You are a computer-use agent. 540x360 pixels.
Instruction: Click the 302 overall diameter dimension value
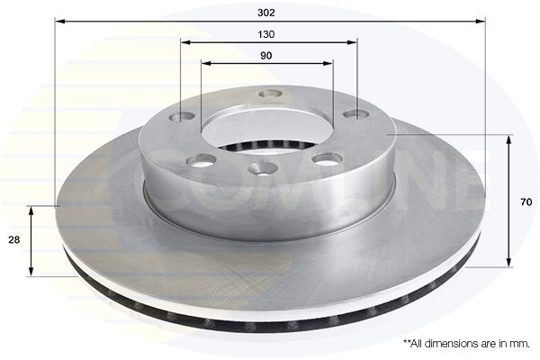click(266, 13)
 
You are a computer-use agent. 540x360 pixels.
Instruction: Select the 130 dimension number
click(266, 34)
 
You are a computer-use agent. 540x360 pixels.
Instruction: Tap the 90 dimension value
click(265, 56)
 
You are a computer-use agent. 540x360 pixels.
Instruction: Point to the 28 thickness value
click(14, 239)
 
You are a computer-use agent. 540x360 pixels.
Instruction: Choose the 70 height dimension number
click(526, 202)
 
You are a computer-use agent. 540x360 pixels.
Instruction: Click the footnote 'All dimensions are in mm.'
click(466, 344)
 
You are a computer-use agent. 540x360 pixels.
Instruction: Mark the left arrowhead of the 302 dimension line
click(60, 22)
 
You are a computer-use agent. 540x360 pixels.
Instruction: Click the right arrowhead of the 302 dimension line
click(481, 22)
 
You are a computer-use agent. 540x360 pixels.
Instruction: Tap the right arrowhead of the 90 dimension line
click(328, 63)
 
